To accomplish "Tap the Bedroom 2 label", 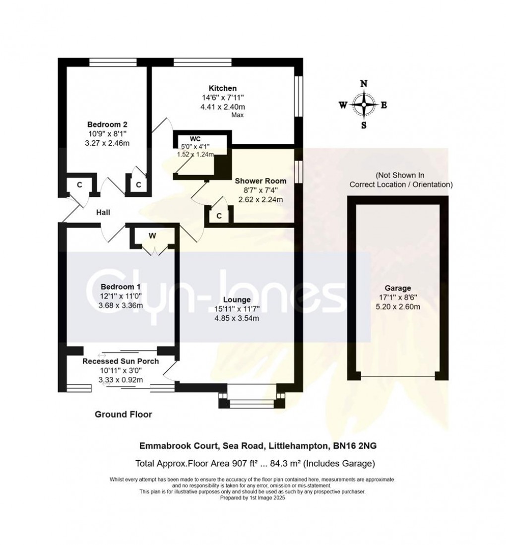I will click(x=108, y=124).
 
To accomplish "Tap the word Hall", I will click(x=103, y=212).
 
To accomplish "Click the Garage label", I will click(x=397, y=288).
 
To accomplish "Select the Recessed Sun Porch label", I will click(x=121, y=361).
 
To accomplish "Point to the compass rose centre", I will click(x=364, y=105).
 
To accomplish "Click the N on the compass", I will click(x=364, y=84).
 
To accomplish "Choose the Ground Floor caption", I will click(x=124, y=414).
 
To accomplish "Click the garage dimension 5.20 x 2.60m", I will click(x=397, y=306).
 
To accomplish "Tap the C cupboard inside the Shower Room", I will click(x=219, y=216).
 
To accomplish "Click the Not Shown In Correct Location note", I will click(x=401, y=180).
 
